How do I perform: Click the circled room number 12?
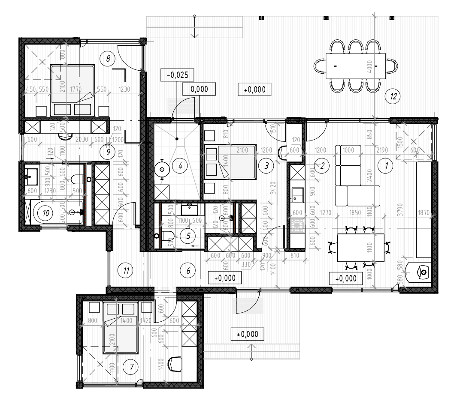tap(391, 96)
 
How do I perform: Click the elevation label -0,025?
tap(176, 75)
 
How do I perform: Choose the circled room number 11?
tap(125, 270)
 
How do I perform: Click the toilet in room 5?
tap(167, 235)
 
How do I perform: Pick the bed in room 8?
tap(73, 89)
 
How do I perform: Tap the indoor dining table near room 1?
tap(360, 247)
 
